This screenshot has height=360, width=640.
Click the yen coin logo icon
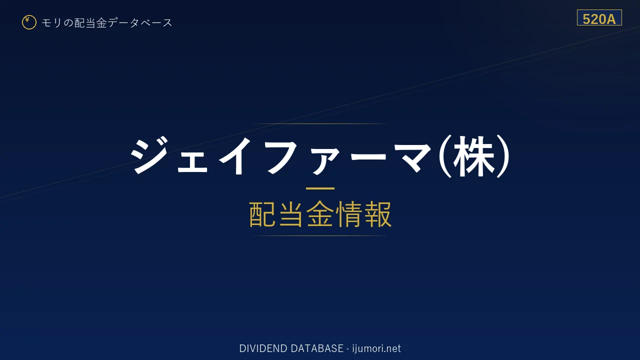[29, 22]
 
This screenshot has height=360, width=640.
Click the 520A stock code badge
[599, 17]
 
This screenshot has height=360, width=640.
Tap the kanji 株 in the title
[473, 156]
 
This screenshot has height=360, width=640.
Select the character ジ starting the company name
[150, 155]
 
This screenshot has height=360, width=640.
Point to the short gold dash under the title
[320, 188]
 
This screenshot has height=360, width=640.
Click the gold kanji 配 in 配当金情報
[262, 214]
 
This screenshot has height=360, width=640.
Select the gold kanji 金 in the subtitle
[320, 214]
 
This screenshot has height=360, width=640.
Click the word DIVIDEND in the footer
[263, 348]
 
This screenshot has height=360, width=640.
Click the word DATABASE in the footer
[317, 348]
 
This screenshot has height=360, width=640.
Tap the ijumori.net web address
[376, 349]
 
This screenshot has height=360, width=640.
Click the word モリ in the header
[51, 23]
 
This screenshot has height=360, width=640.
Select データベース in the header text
[140, 23]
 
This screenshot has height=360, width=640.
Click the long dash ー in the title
[368, 156]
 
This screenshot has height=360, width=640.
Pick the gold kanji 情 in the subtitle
[349, 214]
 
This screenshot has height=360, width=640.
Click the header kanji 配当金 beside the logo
[90, 23]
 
